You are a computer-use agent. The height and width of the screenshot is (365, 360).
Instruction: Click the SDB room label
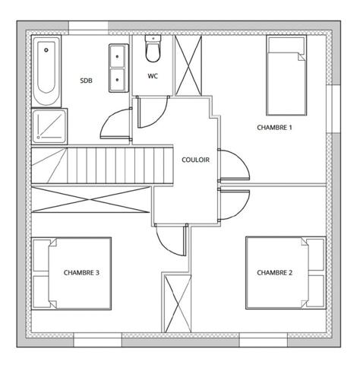(x=86, y=80)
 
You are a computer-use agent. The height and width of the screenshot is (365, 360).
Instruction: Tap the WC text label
(x=152, y=76)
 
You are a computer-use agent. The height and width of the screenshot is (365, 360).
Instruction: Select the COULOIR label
(x=196, y=160)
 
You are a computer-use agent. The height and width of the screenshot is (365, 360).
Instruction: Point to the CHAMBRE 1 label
(x=274, y=128)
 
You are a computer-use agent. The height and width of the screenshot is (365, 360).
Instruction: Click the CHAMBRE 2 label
(x=274, y=272)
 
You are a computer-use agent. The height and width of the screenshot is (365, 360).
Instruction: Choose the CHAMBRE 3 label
(x=81, y=272)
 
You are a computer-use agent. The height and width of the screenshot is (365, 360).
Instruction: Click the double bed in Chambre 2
(x=286, y=272)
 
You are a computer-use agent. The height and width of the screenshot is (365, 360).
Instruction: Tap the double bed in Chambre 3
(x=71, y=272)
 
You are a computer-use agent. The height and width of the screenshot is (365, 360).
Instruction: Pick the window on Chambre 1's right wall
(x=332, y=107)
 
